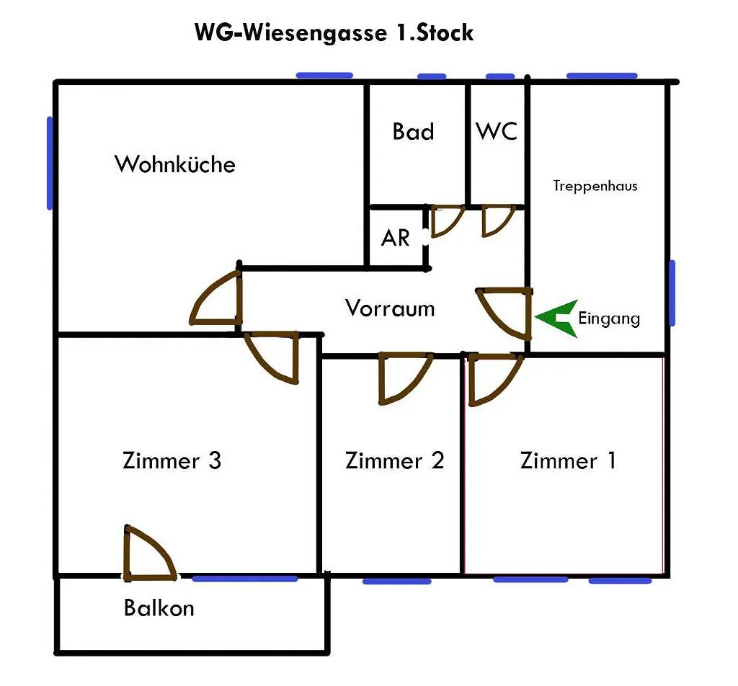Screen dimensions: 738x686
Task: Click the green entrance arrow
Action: coord(556,318)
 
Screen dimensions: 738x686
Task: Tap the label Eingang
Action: coord(609,318)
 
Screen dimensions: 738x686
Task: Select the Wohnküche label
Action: coord(174,164)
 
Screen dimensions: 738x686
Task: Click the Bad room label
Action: coord(413,131)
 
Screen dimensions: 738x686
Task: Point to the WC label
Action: coord(497,131)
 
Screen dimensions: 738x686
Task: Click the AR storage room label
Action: coord(396,238)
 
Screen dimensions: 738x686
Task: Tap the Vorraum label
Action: coord(390,308)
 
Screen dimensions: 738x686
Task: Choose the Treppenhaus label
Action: coord(595,186)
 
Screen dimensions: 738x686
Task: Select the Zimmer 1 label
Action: coord(568,460)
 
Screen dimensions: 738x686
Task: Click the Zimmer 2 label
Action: coord(394,460)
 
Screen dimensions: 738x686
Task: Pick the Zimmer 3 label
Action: coord(172,460)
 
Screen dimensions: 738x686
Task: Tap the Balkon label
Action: coord(159,608)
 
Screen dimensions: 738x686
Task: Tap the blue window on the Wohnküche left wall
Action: coord(50,163)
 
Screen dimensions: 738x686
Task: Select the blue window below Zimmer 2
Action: coord(397,582)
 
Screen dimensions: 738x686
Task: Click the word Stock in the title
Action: coord(445,33)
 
